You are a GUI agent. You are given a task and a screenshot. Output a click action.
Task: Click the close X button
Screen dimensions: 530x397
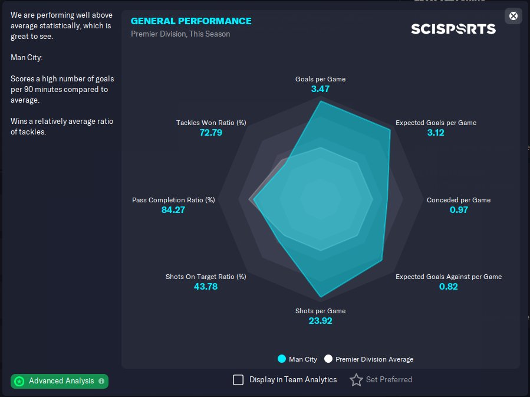513,16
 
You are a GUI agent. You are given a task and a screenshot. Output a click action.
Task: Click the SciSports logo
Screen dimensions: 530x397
453,29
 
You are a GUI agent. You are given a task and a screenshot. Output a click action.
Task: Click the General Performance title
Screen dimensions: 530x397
191,21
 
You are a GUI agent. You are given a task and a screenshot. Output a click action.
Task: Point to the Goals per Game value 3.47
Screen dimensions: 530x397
320,89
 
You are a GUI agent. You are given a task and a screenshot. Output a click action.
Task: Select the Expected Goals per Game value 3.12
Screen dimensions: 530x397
436,133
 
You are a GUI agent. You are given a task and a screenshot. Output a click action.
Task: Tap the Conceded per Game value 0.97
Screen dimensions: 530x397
459,209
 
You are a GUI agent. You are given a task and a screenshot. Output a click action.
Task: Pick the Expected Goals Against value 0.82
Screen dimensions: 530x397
448,287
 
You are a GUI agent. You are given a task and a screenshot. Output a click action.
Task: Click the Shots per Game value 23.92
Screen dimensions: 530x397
321,320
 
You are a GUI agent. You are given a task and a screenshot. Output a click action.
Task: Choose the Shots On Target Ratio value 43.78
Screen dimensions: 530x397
206,287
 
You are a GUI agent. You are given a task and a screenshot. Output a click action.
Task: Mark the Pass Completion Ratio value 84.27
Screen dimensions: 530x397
173,209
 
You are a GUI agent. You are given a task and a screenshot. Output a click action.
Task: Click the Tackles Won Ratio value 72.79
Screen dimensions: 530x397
211,133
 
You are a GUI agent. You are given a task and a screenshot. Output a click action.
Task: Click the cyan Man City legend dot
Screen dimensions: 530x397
282,359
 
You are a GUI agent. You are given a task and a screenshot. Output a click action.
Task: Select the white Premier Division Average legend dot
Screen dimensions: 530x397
328,359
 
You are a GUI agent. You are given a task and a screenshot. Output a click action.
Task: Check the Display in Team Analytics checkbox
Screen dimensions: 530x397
238,380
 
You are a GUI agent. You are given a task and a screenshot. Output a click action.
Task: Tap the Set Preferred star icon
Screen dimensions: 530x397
356,380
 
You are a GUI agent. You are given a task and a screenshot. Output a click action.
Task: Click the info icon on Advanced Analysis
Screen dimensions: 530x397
101,381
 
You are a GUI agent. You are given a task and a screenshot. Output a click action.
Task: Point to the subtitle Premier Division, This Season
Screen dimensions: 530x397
180,34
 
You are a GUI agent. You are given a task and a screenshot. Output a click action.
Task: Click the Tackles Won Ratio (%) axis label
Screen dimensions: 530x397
211,123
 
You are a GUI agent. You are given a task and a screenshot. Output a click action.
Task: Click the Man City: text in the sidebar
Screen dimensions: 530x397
27,57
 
